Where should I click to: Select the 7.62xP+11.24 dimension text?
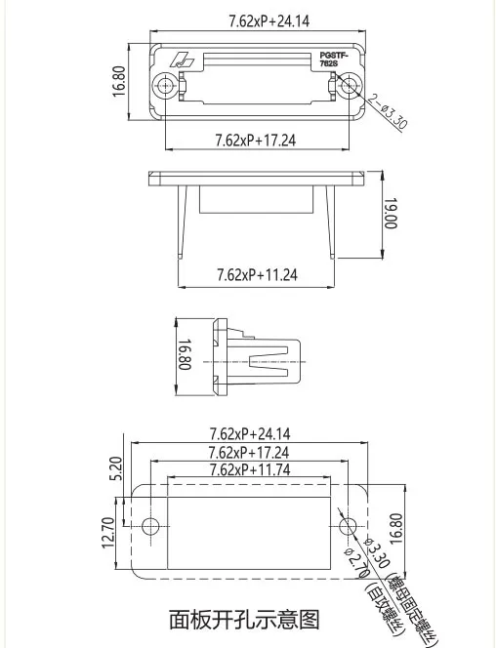[x=256, y=275]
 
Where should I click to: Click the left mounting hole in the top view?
[x=167, y=85]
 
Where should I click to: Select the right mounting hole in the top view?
[x=349, y=85]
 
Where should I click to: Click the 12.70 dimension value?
[x=109, y=532]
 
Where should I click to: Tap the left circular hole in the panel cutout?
[x=150, y=526]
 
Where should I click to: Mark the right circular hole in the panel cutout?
[x=348, y=526]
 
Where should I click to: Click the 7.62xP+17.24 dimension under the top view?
[x=255, y=141]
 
